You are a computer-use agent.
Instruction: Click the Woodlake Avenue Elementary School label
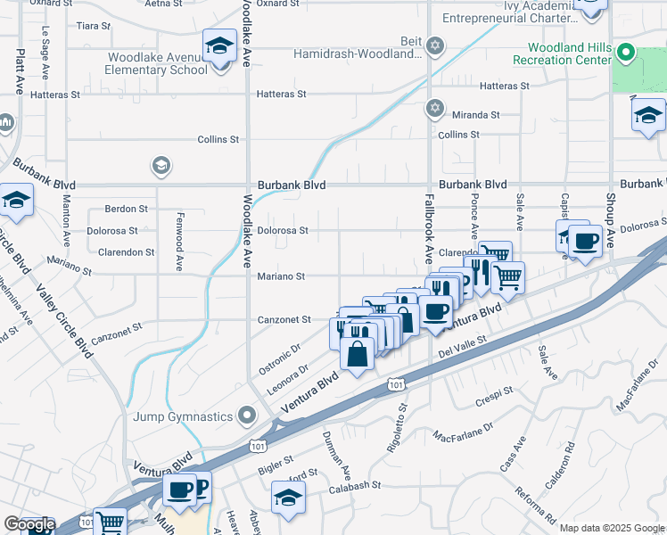coord(157,63)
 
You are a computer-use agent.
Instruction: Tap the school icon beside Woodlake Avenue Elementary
coord(218,46)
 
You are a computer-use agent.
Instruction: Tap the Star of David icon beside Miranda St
coord(434,108)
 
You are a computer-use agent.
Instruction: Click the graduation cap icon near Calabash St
coord(288,498)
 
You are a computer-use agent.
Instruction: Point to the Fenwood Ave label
coord(179,249)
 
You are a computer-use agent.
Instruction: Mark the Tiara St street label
coord(92,25)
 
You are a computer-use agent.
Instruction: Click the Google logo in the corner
coord(29,524)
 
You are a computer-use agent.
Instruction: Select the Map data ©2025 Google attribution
coord(612,528)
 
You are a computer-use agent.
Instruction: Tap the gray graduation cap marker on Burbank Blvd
coord(161,166)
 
